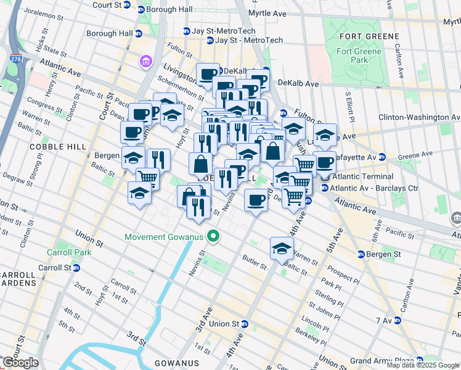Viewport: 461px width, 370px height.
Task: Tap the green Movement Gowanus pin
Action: pos(214,236)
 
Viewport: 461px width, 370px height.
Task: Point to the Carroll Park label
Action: pos(63,252)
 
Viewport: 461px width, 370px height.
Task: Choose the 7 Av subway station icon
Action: pos(398,321)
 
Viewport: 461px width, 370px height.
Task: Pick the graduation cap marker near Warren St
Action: pos(281,249)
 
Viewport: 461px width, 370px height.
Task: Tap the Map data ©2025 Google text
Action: pos(423,365)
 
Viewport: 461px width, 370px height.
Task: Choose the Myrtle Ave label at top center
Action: pos(267,13)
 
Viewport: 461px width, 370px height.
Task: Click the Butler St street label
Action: pos(253,263)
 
